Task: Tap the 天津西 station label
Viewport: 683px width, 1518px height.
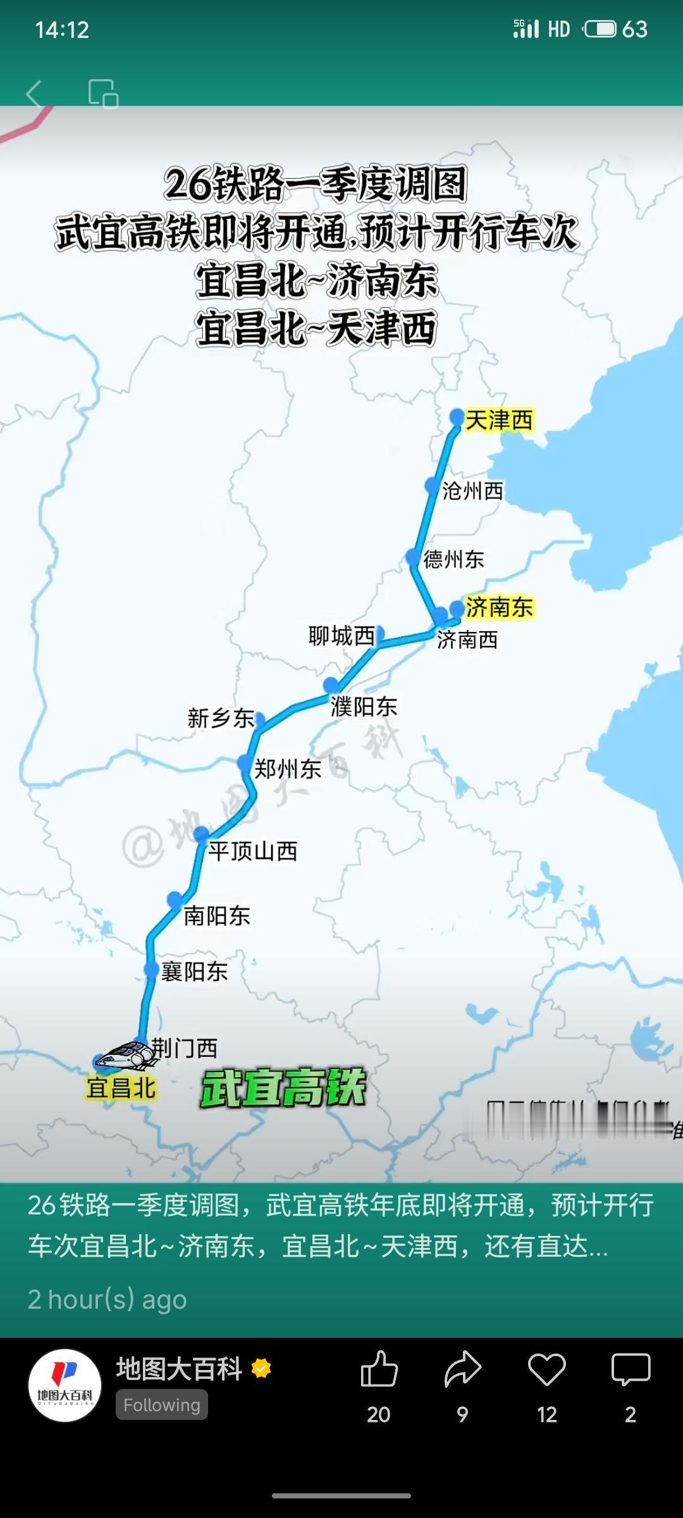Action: [x=499, y=420]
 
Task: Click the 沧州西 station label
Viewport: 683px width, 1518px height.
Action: [x=472, y=491]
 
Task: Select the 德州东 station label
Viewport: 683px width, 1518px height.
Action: [x=453, y=559]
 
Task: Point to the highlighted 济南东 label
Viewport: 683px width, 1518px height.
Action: [x=499, y=607]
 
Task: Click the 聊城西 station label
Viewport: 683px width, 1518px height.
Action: [x=341, y=636]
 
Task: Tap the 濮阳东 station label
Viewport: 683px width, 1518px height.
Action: [x=364, y=707]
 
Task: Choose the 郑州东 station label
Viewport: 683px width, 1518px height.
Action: [x=288, y=769]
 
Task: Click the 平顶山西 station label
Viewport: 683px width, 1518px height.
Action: [x=253, y=851]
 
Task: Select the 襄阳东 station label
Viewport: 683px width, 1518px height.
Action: [x=194, y=971]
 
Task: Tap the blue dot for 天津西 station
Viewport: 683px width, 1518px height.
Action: [x=457, y=417]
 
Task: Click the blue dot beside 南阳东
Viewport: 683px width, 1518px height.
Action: [x=175, y=899]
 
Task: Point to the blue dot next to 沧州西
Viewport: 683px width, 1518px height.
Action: [x=433, y=486]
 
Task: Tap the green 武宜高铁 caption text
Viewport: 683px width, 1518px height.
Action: [x=283, y=1088]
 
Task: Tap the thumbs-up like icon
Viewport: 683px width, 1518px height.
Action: [x=379, y=1370]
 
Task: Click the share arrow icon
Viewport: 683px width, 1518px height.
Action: [x=463, y=1370]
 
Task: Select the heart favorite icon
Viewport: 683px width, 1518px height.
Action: [x=547, y=1370]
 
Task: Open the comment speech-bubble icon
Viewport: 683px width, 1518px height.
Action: [x=631, y=1370]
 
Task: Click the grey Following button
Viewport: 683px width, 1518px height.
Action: [x=161, y=1405]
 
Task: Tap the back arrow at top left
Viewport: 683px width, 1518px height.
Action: [x=35, y=94]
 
